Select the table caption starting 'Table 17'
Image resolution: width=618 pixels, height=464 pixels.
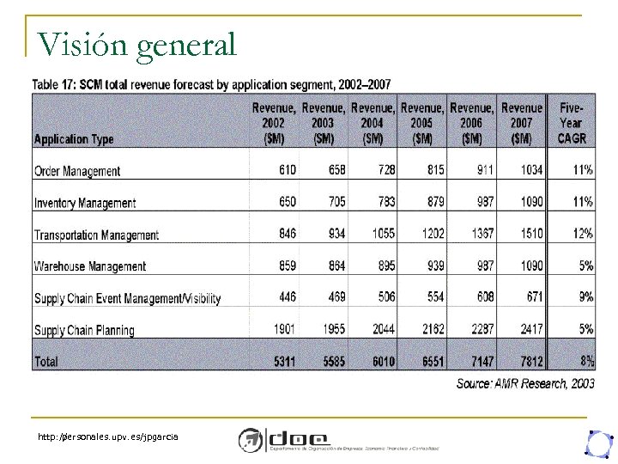click(211, 84)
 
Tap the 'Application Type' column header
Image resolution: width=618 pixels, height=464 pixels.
click(73, 138)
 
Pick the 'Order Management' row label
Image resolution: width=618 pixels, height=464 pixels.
click(77, 171)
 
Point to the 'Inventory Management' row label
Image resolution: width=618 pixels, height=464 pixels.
click(85, 203)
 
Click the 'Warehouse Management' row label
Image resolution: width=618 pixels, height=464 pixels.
click(90, 266)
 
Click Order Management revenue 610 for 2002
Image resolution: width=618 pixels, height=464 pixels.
click(287, 170)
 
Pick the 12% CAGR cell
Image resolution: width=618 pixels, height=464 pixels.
click(582, 234)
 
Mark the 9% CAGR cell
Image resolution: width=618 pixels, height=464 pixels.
click(585, 297)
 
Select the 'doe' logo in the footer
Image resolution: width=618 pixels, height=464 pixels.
click(283, 438)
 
